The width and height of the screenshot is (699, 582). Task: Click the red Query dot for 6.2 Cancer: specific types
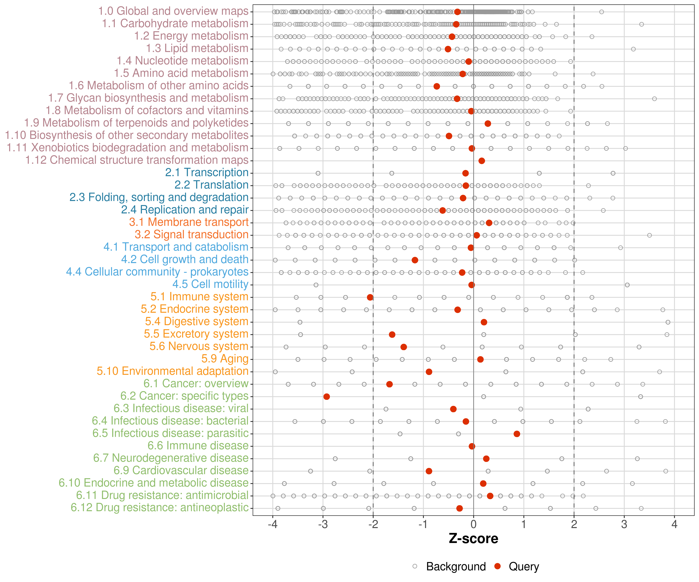pyautogui.click(x=327, y=396)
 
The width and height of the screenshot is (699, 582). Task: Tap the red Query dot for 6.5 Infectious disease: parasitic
pyautogui.click(x=517, y=434)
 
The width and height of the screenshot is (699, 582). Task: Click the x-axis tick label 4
pyautogui.click(x=674, y=524)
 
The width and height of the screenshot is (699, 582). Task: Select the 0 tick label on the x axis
pyautogui.click(x=473, y=524)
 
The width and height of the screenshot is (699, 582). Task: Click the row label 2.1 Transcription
pyautogui.click(x=207, y=173)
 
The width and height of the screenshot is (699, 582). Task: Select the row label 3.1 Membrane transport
pyautogui.click(x=189, y=222)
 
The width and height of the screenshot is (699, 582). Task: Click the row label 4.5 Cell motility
pyautogui.click(x=210, y=284)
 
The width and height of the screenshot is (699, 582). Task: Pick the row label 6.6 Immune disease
pyautogui.click(x=198, y=446)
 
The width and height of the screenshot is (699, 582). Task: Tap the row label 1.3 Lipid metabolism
pyautogui.click(x=197, y=48)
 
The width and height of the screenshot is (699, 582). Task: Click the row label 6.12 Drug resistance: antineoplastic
pyautogui.click(x=159, y=508)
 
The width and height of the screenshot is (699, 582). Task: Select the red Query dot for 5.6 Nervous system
pyautogui.click(x=403, y=347)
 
